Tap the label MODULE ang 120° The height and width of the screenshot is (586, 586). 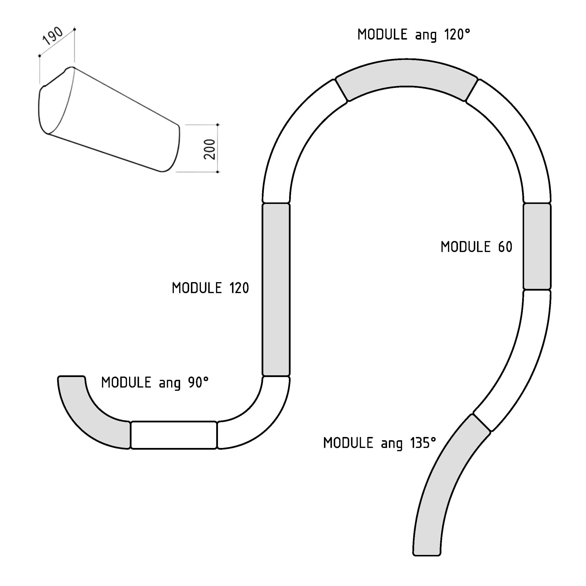point(414,35)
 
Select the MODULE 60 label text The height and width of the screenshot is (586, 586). point(477,247)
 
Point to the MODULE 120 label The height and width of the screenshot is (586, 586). point(210,288)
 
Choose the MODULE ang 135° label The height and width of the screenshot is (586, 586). point(380,443)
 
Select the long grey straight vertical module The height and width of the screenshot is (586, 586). point(276,290)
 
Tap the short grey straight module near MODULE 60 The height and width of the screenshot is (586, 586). point(537,246)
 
